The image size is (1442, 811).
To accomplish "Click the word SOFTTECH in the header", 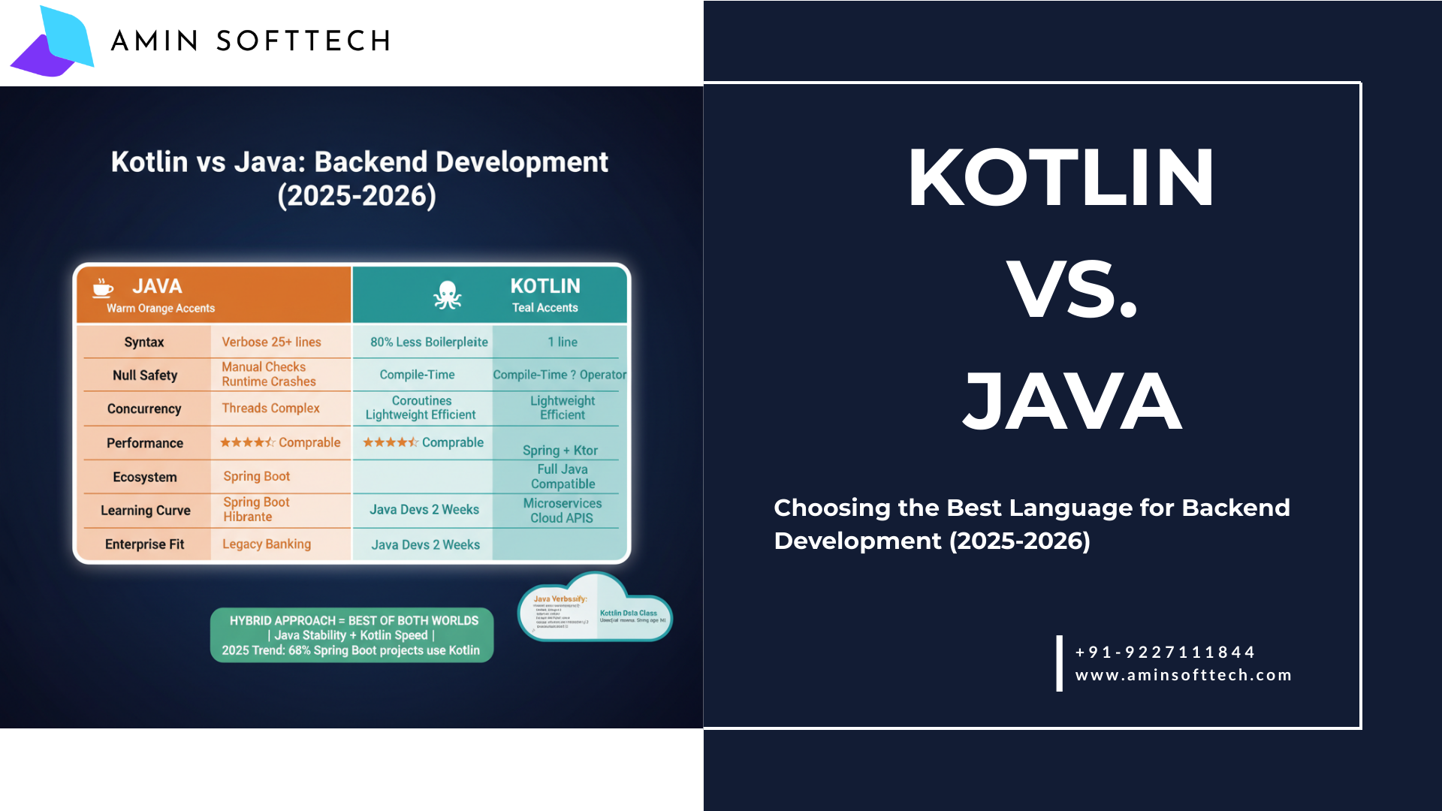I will (x=303, y=41).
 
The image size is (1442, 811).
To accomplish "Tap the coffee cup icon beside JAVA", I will (x=103, y=288).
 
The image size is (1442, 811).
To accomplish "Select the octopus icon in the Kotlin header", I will (x=447, y=295).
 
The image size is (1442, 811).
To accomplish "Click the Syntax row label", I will (x=143, y=342).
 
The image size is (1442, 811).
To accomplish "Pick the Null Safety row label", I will (x=145, y=375).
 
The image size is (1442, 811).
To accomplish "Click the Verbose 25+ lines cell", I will (x=271, y=342).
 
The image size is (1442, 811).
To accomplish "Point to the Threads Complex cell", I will (x=270, y=409).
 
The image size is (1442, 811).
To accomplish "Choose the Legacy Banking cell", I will (x=267, y=544).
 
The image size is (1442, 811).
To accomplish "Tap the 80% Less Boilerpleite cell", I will (x=429, y=342).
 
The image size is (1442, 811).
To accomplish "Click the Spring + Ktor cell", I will (x=560, y=451).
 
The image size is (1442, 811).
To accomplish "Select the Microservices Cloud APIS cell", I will (x=563, y=511).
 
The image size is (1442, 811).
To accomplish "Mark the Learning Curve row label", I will (x=146, y=511).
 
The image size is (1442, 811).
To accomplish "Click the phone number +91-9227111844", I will (x=1165, y=652).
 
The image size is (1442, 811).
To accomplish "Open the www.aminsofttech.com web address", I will (x=1184, y=675).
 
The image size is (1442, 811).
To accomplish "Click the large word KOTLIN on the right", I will (x=1060, y=178).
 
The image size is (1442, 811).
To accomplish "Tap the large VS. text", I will (x=1072, y=289).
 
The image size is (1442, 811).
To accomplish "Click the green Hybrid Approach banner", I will (x=351, y=635).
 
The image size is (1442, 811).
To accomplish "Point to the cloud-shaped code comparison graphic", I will (x=595, y=610).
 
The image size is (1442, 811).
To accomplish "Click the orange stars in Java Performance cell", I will (x=247, y=443).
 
